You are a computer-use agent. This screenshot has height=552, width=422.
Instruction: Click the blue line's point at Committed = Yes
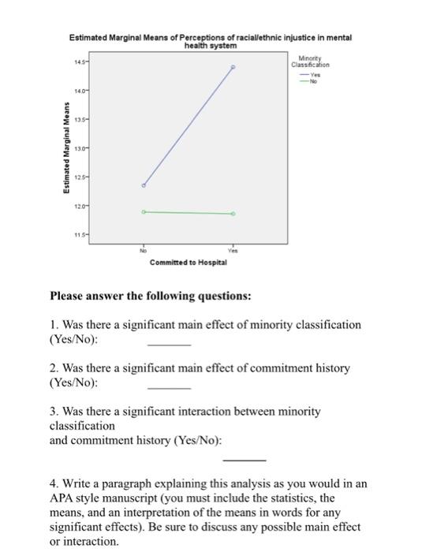pos(233,68)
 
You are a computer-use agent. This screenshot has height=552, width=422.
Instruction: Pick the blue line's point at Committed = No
pos(144,185)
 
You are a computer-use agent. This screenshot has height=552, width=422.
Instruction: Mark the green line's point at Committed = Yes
pos(233,214)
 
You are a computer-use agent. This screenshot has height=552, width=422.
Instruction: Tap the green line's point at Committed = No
pos(144,211)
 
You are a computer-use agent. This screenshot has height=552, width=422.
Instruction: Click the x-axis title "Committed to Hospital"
pos(189,262)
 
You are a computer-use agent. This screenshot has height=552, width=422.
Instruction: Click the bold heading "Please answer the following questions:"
pos(151,297)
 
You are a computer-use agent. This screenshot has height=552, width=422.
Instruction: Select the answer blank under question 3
pos(244,459)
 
